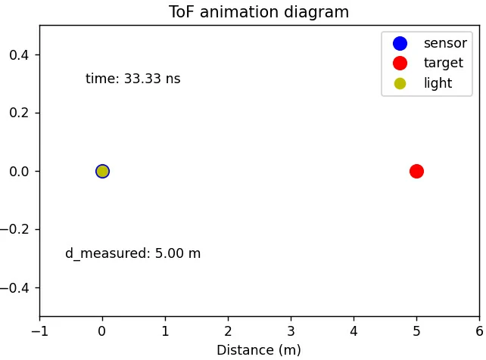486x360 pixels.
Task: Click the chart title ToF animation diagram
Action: [259, 12]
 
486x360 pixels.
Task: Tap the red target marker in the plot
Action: [416, 171]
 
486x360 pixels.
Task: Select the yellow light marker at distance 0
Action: [102, 171]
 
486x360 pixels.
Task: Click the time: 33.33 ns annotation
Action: [132, 79]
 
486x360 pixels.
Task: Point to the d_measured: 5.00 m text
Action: [132, 254]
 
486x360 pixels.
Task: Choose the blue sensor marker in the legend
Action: [400, 44]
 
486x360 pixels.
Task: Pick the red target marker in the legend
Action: [400, 64]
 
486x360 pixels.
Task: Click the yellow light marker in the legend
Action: [400, 83]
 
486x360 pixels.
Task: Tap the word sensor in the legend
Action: [445, 44]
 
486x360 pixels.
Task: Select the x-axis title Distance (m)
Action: [259, 350]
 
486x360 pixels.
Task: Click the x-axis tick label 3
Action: [291, 331]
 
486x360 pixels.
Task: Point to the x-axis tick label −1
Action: [39, 331]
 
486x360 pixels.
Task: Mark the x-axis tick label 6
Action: [479, 331]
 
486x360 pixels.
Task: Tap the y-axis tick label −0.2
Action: [17, 229]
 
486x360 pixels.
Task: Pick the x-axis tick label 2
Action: [228, 331]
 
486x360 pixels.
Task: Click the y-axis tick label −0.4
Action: [17, 287]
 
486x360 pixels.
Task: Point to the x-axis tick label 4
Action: [354, 331]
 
